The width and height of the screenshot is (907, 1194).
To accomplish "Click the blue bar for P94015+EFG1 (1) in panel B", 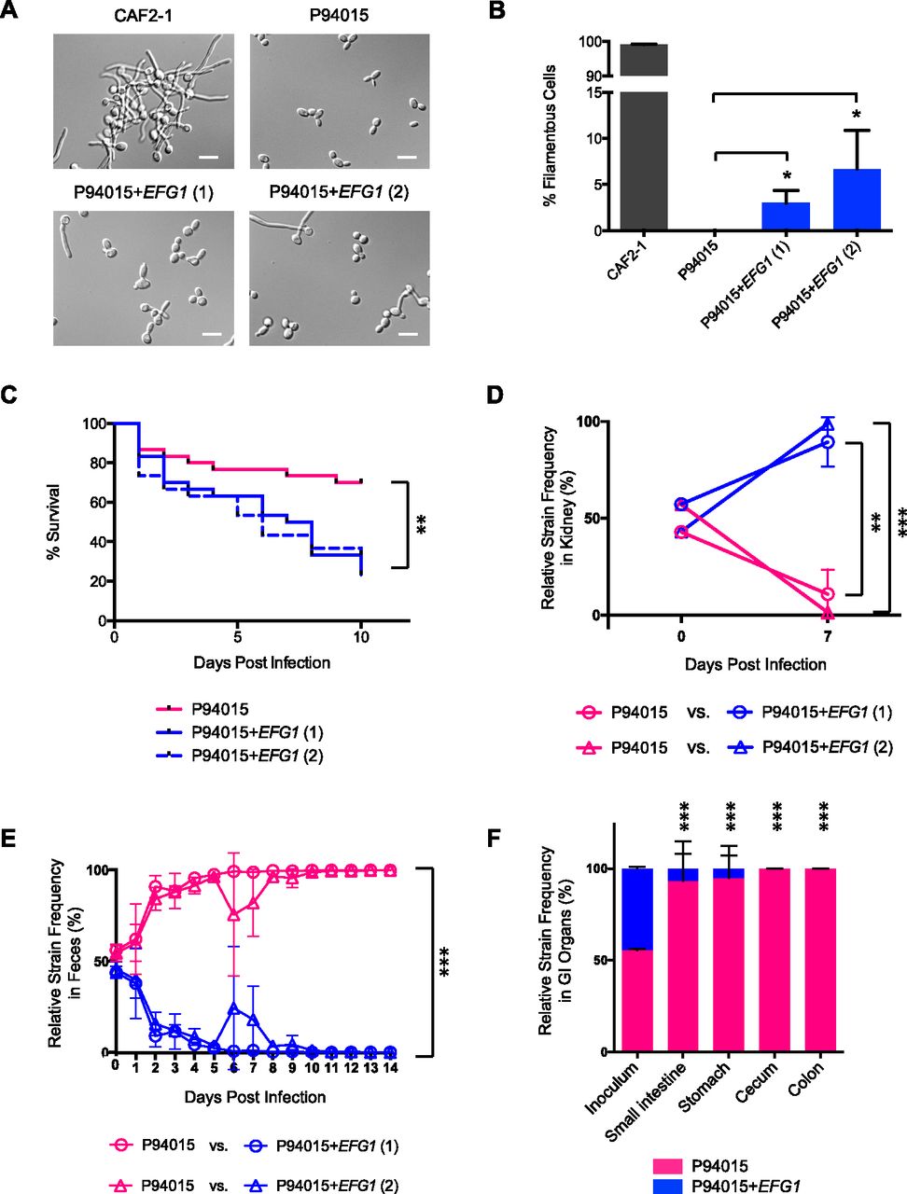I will (786, 215).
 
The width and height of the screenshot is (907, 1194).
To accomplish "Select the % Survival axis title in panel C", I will (55, 521).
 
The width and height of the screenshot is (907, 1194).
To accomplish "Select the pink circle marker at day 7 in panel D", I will (827, 594).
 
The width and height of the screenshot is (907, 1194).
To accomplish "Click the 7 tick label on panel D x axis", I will (827, 637).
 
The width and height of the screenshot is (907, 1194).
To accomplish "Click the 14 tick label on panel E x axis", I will (390, 1066).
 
